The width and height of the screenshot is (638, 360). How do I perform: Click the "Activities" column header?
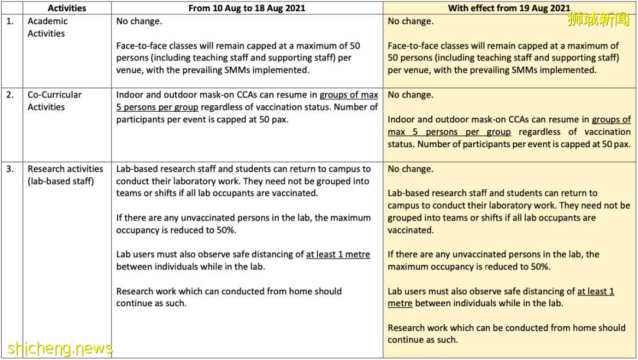pos(67,8)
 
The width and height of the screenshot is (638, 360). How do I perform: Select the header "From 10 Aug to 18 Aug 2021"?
pos(247,8)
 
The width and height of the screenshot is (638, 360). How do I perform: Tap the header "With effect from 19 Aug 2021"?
pos(509,8)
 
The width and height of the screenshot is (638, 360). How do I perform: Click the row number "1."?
pos(11,21)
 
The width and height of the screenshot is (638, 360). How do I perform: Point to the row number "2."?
pos(11,95)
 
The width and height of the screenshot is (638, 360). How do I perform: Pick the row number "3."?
pos(11,169)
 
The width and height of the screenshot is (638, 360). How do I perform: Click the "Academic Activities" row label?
pos(47,27)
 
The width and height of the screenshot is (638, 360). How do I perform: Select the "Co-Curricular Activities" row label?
pos(54,100)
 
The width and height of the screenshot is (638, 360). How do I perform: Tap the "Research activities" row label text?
pos(65,169)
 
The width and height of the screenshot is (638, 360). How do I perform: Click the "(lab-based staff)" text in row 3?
pos(60,181)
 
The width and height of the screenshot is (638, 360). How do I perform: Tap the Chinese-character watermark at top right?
pos(598,20)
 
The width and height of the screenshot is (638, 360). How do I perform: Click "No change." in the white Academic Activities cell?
pos(139,21)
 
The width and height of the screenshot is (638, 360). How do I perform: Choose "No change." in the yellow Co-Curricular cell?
pos(410,95)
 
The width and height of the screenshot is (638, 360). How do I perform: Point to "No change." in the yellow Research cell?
pos(410,169)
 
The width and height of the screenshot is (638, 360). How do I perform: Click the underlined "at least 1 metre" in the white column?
pos(338,254)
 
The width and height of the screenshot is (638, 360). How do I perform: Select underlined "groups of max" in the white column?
pos(349,95)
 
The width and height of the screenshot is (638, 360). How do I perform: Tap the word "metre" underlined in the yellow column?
pos(400,303)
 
